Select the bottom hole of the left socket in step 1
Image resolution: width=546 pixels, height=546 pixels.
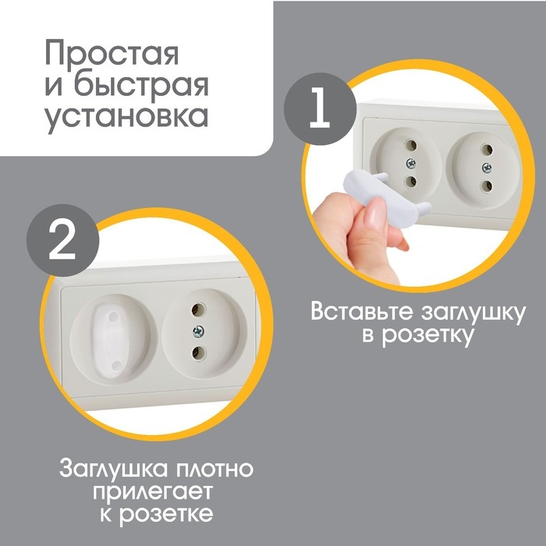click(x=410, y=183)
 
